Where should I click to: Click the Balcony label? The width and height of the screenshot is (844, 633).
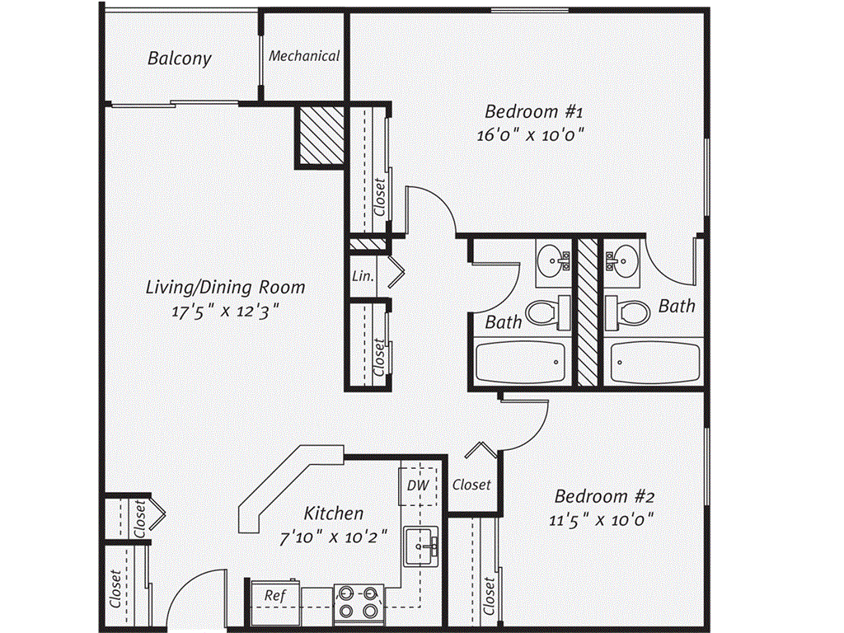180,59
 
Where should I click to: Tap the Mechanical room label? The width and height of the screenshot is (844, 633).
304,56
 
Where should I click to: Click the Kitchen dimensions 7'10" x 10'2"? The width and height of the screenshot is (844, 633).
334,537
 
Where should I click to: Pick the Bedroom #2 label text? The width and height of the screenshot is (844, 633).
604,497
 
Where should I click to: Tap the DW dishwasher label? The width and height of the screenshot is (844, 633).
418,485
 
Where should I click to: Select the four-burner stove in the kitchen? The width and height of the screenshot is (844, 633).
359,603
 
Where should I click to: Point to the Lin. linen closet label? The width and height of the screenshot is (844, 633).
363,277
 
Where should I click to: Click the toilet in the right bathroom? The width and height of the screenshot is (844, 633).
629,312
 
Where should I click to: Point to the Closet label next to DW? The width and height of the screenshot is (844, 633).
471,485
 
